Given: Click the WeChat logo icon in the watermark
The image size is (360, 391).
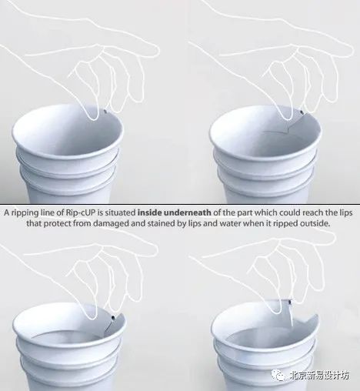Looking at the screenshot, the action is coord(278,375).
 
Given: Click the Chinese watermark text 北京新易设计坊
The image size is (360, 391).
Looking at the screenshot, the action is coord(319,376).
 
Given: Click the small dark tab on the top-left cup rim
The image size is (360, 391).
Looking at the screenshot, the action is coord(105,112).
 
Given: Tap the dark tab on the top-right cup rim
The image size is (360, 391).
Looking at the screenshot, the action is coord(302,112).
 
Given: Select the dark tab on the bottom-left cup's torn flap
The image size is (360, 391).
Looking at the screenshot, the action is coord(114,318).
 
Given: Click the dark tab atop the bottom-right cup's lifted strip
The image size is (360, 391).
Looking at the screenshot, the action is coord(291,302).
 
